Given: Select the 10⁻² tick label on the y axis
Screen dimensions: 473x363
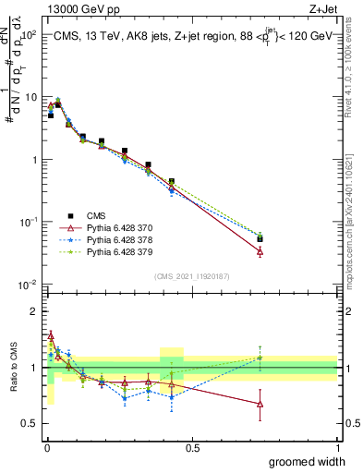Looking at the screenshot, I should (x=26, y=284).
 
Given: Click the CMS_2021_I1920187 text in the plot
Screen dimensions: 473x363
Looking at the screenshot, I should (x=191, y=276).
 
